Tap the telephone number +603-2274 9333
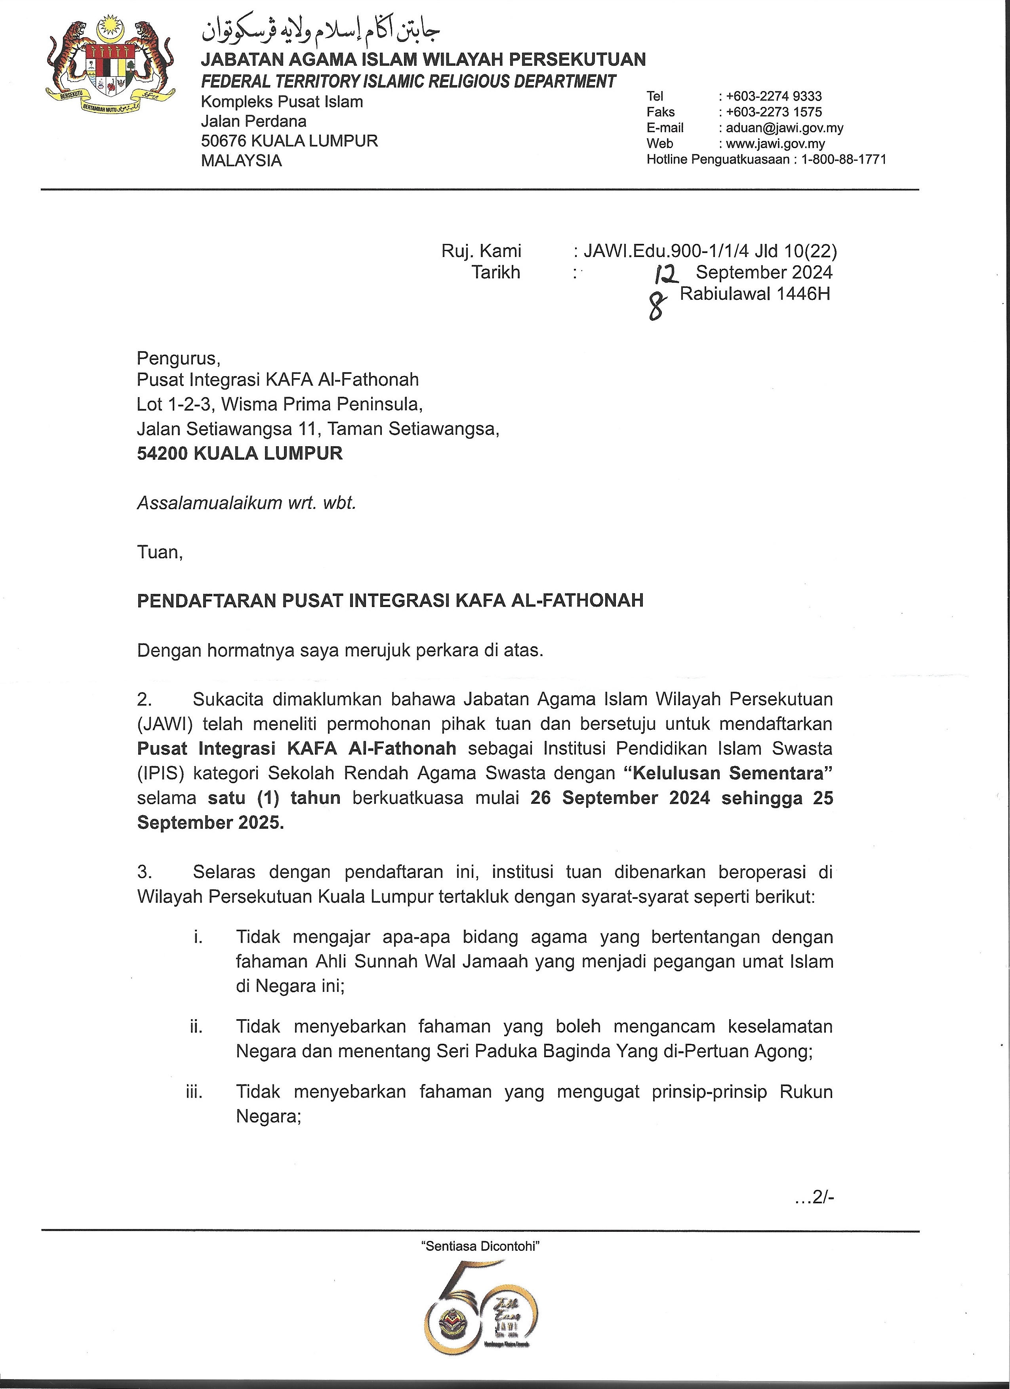774,96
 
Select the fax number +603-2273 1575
774,112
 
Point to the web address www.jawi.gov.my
776,144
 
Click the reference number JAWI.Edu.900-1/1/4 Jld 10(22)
711,251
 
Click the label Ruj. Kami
481,251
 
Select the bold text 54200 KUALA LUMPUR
240,453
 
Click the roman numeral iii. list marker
194,1092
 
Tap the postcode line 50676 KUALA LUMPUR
289,141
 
